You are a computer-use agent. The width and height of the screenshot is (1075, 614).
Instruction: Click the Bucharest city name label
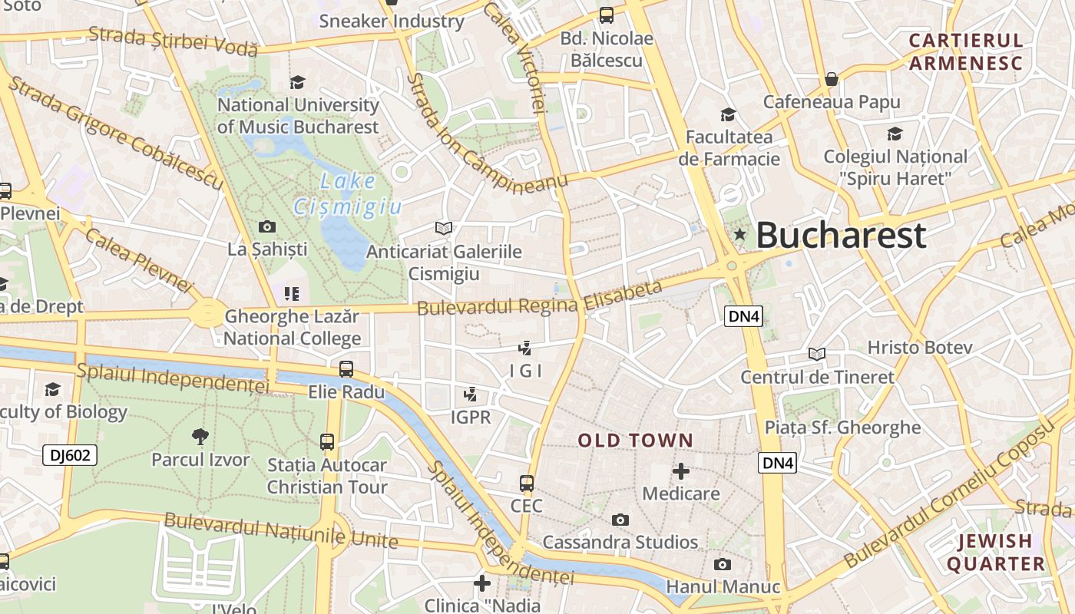841,236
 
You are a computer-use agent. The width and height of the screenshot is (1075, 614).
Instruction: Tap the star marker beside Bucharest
740,234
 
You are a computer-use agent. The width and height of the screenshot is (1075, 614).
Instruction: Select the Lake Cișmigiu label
348,194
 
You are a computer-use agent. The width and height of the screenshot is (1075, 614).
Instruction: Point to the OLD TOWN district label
635,441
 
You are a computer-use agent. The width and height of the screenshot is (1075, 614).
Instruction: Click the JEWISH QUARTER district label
995,553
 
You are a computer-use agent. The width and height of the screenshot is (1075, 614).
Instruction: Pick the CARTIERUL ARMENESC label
966,51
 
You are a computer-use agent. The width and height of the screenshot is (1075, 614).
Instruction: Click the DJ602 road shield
69,455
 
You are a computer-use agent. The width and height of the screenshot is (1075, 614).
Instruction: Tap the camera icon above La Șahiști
267,226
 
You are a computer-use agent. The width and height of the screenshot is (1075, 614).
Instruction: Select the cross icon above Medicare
680,471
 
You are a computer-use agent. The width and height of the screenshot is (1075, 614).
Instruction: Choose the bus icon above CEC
526,484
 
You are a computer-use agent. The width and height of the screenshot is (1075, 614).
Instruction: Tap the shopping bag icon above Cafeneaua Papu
831,79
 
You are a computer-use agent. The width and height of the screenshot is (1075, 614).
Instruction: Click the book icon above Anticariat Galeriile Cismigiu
443,228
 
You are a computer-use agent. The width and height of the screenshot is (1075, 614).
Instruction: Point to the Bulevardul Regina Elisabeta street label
539,299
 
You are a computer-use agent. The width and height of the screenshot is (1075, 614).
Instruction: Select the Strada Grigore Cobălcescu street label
115,133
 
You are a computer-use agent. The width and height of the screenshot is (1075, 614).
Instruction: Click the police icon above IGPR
470,395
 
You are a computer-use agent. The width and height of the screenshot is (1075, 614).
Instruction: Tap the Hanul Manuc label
723,587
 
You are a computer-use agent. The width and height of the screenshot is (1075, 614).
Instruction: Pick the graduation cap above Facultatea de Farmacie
728,115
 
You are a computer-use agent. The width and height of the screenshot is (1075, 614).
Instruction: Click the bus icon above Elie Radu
346,369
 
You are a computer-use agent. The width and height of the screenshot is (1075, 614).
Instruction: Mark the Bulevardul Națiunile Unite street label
281,530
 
